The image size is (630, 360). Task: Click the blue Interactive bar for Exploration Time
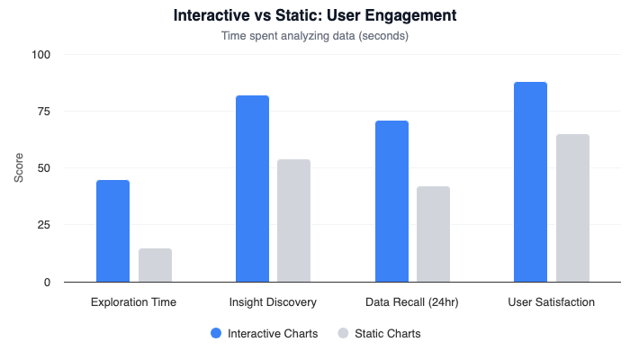(x=113, y=231)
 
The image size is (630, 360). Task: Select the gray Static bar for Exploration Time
(x=155, y=265)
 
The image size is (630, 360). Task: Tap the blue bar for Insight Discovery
(x=252, y=189)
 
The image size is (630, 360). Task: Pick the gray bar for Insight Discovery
(x=293, y=220)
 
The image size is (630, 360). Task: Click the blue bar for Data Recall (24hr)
(x=391, y=202)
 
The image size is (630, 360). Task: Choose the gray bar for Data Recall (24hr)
(x=433, y=234)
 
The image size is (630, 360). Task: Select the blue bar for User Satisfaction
(x=530, y=182)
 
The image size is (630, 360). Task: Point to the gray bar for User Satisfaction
(x=572, y=208)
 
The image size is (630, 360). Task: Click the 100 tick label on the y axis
(x=42, y=55)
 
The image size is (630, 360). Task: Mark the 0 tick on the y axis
(x=48, y=282)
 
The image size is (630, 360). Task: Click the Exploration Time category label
(x=134, y=302)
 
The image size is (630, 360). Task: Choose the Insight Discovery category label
(x=273, y=302)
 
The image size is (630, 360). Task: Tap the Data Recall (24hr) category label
(x=412, y=302)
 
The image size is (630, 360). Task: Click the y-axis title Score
(x=20, y=168)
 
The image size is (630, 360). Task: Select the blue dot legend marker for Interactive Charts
(x=216, y=333)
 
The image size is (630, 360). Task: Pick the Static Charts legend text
(x=387, y=333)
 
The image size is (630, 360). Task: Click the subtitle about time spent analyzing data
(x=315, y=37)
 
